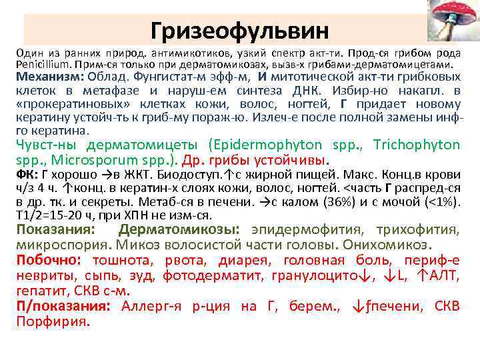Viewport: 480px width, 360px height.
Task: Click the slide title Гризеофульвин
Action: click(239, 30)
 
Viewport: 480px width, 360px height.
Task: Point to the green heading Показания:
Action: click(56, 230)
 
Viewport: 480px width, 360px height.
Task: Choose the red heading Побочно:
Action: click(51, 260)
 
